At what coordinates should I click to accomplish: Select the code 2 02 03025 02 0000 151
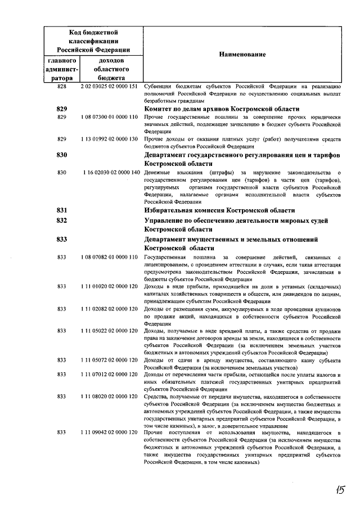point(109,87)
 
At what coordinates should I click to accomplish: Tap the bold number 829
point(62,107)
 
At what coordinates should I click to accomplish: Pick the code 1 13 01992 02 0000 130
point(109,138)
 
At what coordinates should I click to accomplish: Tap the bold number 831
point(62,210)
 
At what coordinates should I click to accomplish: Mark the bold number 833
point(62,239)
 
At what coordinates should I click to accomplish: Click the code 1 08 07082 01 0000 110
point(109,257)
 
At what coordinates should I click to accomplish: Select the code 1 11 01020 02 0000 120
point(109,286)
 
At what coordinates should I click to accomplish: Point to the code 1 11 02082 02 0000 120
point(109,309)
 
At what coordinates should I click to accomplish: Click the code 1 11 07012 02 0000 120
point(109,374)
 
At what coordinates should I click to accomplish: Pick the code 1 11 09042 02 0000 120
point(109,432)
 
